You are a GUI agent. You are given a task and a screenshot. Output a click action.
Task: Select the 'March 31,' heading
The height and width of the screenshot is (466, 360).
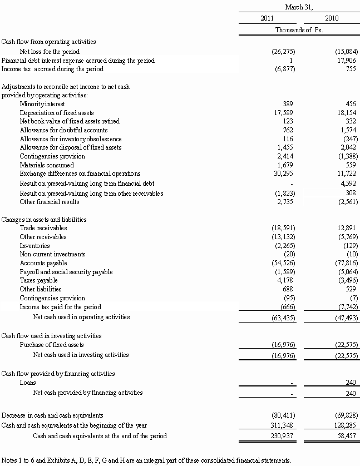tap(299, 7)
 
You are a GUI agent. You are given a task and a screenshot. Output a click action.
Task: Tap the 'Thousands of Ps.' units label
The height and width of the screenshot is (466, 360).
tap(299, 30)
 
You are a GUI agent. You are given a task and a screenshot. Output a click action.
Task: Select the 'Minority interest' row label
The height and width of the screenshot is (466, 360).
tap(42, 104)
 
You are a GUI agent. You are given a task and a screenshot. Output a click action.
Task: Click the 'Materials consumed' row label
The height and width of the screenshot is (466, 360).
tap(47, 165)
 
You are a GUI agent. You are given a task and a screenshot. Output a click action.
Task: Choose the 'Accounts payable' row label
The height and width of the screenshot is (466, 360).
tap(43, 263)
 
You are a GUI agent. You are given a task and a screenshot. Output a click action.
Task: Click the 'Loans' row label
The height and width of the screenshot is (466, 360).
tap(28, 383)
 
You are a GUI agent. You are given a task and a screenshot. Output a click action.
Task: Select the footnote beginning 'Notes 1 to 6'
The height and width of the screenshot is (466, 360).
tap(146, 460)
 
